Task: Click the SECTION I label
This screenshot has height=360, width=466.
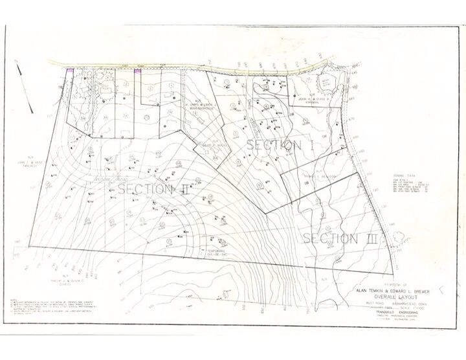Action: coord(280,146)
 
